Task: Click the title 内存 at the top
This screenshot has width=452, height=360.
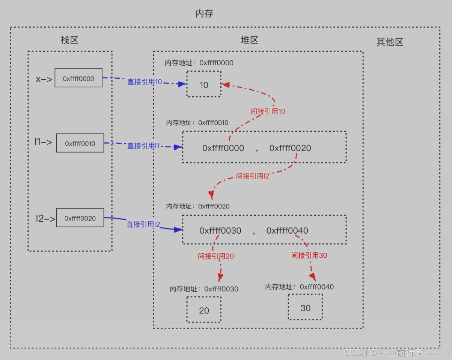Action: point(204,14)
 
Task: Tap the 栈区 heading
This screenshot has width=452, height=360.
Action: point(69,40)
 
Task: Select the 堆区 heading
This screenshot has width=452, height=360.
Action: point(250,40)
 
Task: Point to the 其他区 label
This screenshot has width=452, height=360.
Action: point(390,42)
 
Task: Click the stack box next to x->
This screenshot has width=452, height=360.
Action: point(78,78)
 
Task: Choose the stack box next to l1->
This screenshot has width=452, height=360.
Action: point(80,143)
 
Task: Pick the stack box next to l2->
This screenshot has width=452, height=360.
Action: point(80,218)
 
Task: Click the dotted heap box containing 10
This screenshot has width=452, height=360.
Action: point(204,84)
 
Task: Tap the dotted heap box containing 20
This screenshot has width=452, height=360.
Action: point(204,310)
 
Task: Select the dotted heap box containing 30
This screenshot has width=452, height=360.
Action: point(305,307)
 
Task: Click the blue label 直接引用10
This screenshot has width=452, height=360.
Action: point(145,82)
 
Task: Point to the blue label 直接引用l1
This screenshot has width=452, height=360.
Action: point(143,145)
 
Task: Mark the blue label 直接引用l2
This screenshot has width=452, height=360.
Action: point(143,224)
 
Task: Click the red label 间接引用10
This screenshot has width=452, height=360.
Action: point(268,111)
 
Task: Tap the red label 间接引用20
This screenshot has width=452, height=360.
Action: point(216,256)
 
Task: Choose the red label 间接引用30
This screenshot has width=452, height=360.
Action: point(309,255)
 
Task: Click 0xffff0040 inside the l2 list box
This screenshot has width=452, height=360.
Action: point(287,231)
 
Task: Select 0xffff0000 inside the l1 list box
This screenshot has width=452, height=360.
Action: point(223,148)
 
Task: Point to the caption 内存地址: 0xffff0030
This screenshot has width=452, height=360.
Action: point(204,289)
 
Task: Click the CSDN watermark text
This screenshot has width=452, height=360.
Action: point(396,352)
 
